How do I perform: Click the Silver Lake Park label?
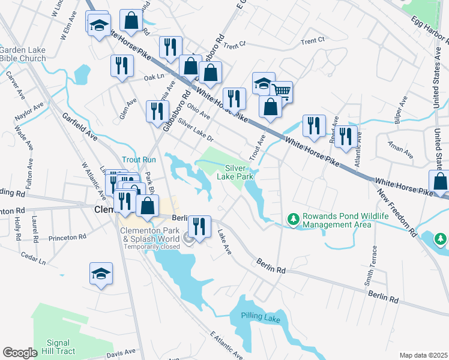pyautogui.click(x=239, y=172)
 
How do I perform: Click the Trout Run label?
pyautogui.click(x=139, y=160)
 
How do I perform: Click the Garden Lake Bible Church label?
pyautogui.click(x=23, y=55)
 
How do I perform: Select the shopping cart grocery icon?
pyautogui.click(x=281, y=92)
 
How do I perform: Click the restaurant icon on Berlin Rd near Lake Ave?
pyautogui.click(x=199, y=226)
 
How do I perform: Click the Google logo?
pyautogui.click(x=20, y=353)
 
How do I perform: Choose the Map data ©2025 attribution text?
pyautogui.click(x=423, y=355)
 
